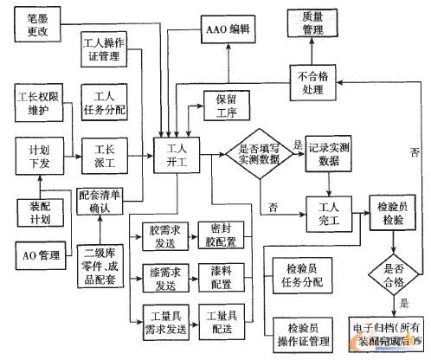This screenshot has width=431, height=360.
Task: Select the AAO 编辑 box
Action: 228,28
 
